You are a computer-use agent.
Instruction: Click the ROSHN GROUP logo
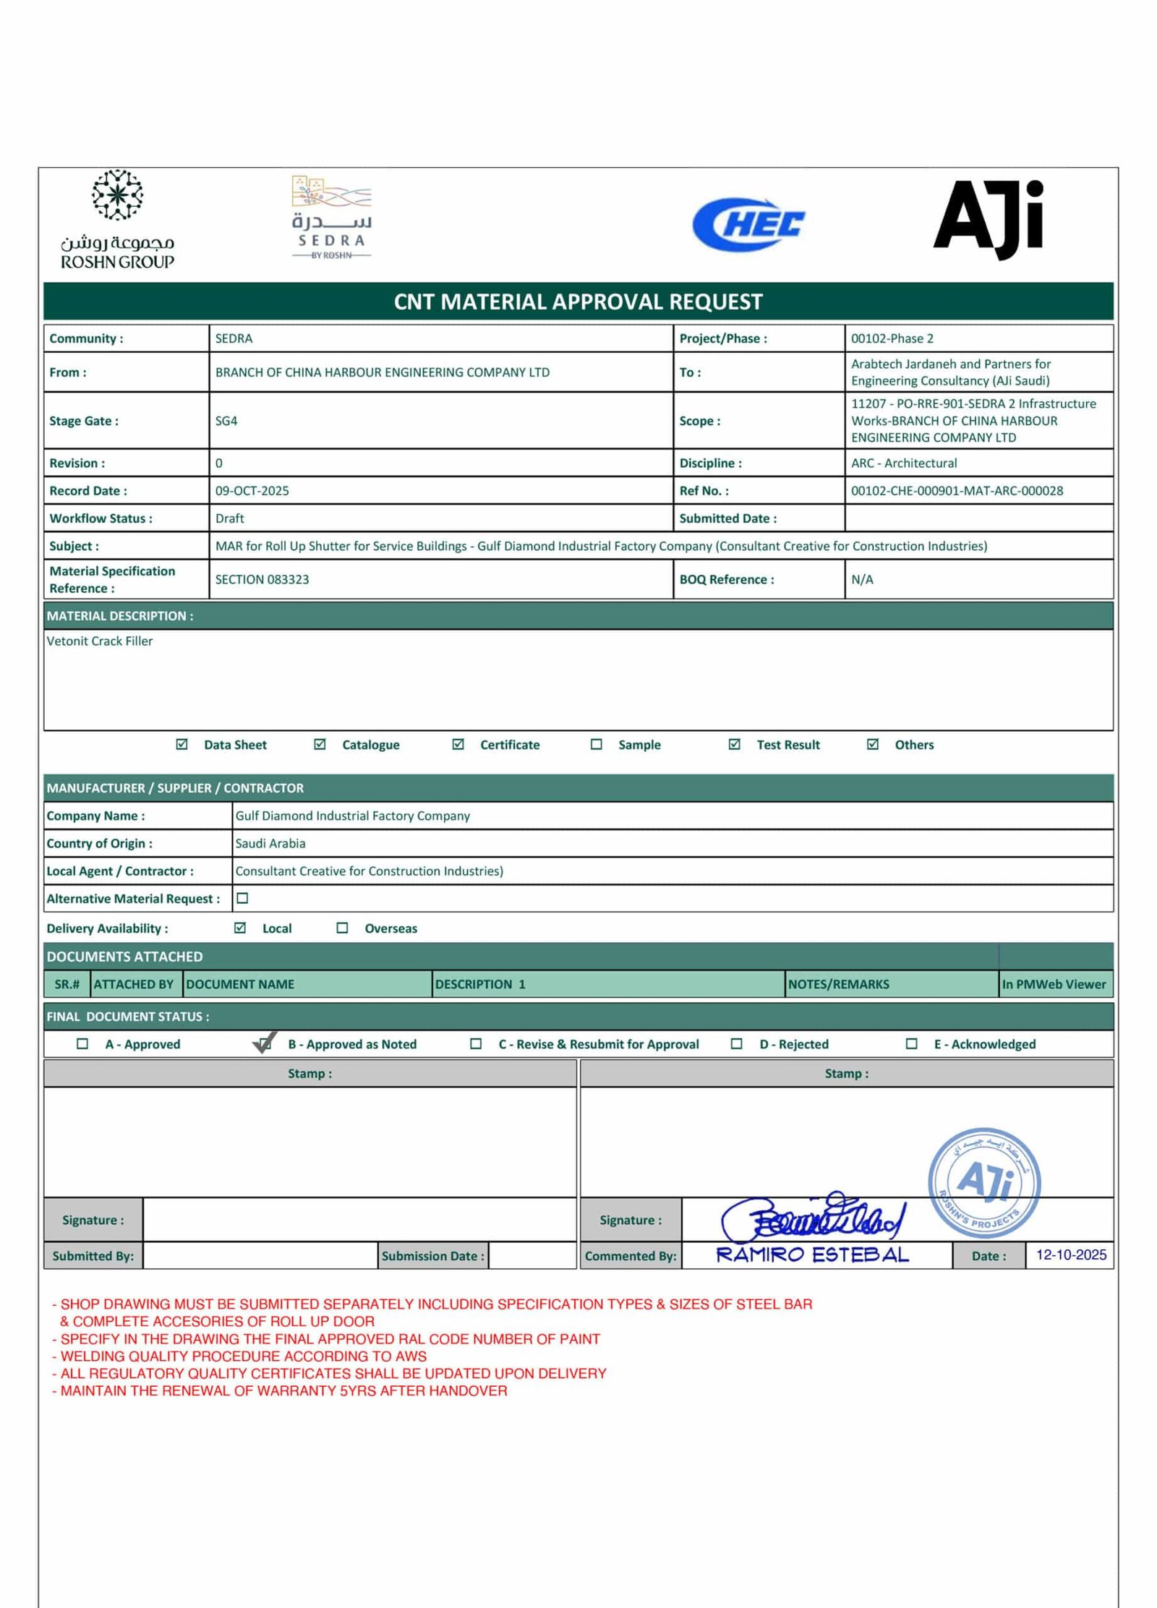117,220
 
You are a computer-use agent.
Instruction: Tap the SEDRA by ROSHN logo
332,217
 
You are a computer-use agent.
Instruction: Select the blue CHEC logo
748,225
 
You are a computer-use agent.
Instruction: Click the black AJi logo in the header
988,219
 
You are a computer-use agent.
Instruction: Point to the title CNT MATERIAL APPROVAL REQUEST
578,301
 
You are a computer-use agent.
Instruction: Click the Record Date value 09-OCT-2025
252,491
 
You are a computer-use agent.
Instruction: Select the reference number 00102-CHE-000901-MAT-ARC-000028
957,491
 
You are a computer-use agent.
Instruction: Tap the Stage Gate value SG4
226,421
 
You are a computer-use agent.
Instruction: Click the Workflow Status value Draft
229,518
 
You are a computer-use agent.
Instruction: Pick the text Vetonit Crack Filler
100,641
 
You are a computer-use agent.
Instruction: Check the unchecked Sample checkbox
596,744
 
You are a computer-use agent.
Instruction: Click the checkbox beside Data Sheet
182,744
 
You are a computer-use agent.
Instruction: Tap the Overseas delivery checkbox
342,928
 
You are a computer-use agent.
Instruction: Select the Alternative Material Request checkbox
243,898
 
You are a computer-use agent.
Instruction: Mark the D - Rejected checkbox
736,1043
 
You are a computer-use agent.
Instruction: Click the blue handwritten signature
811,1217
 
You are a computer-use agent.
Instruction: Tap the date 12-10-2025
1070,1254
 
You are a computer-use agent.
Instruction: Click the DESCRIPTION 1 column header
480,984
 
